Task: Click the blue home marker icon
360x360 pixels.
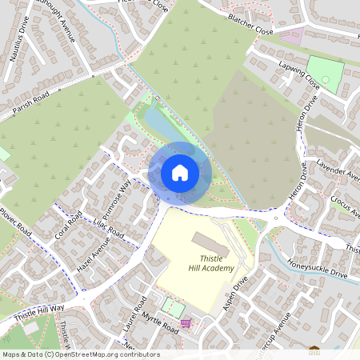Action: [x=180, y=172]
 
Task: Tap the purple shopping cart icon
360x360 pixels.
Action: [x=186, y=324]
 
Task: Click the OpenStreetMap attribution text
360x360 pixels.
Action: [x=80, y=354]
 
